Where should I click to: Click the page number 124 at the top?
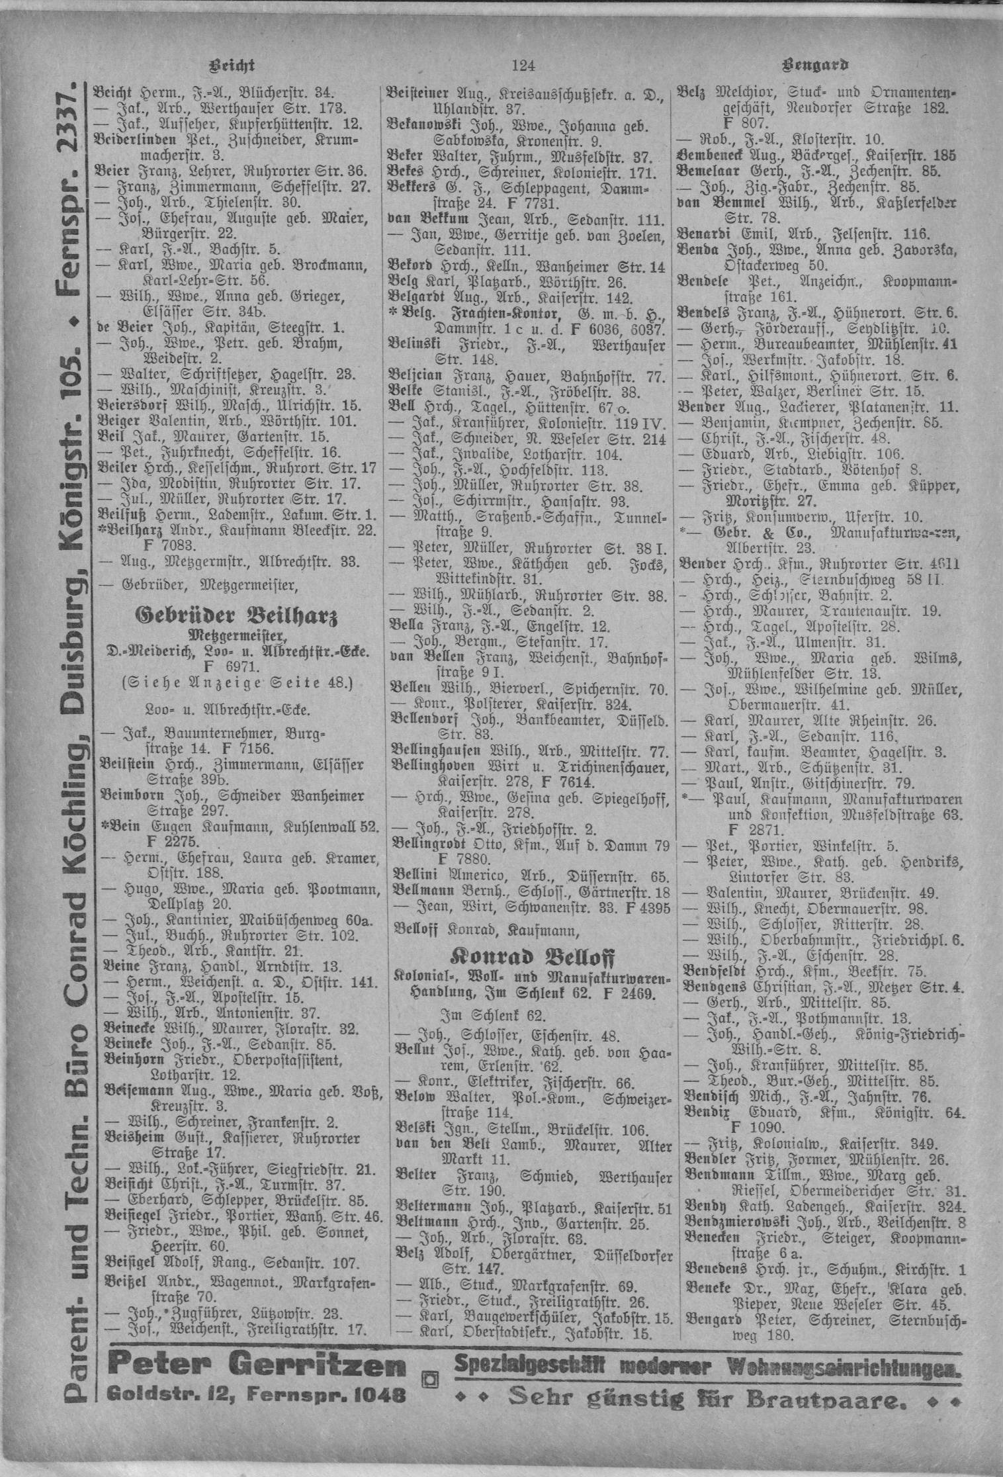pyautogui.click(x=522, y=65)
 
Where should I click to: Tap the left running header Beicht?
pyautogui.click(x=232, y=66)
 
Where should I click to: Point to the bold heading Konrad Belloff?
pyautogui.click(x=531, y=958)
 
